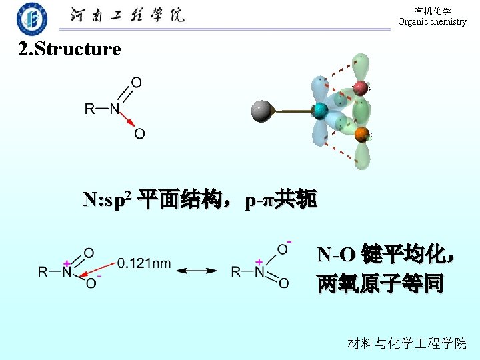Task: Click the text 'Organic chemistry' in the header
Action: point(432,22)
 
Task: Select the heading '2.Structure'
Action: point(69,49)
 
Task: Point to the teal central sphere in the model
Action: point(320,111)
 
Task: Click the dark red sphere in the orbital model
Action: point(361,87)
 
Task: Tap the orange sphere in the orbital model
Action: point(362,135)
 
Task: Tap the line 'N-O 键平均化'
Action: point(386,255)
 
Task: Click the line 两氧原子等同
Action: point(380,284)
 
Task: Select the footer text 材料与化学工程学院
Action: point(407,343)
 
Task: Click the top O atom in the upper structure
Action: point(136,83)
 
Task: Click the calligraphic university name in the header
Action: point(127,15)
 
